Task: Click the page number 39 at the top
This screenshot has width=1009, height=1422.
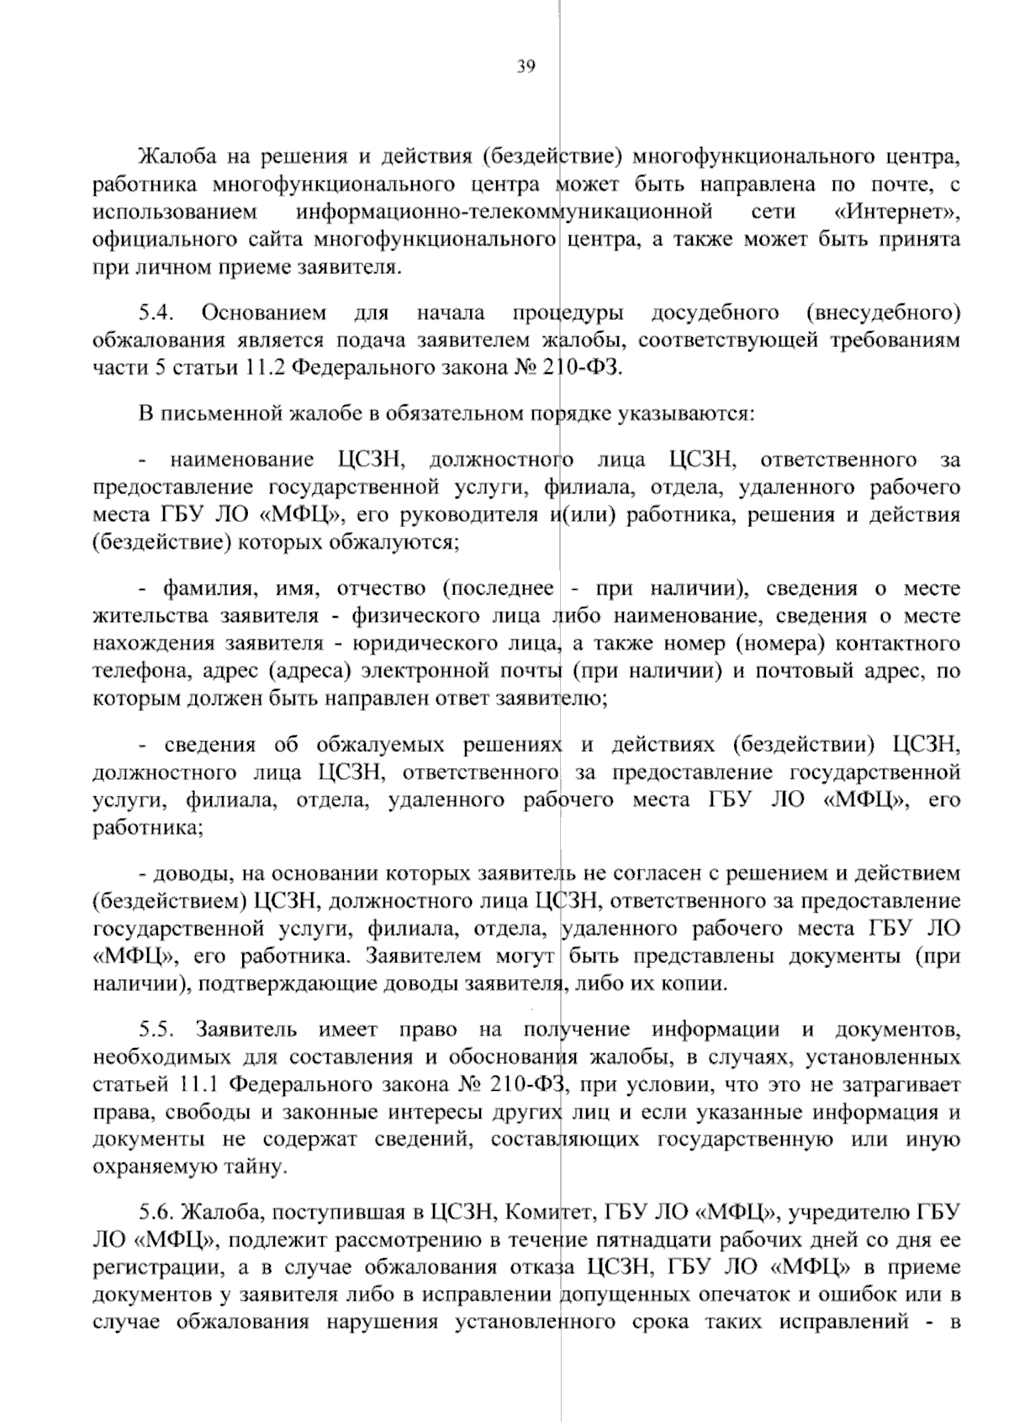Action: tap(526, 67)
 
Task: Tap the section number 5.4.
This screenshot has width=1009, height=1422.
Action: tap(156, 313)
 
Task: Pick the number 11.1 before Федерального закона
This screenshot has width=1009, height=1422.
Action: tap(202, 1084)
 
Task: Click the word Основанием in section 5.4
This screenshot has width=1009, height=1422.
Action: tap(264, 313)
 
